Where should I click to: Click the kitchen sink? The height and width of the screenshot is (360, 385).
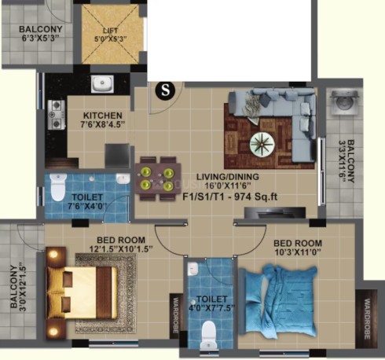[x=102, y=84]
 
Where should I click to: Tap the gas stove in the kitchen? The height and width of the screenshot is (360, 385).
[x=57, y=115]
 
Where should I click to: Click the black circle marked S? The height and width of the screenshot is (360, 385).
[x=165, y=90]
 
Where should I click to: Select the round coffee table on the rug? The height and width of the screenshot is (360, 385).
[x=262, y=145]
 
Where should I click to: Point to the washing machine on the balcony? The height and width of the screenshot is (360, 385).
[x=345, y=102]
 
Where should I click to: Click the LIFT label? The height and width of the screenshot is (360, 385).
[x=111, y=31]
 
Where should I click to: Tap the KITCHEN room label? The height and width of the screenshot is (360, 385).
[x=103, y=116]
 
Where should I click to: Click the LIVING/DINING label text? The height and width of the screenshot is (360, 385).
[x=228, y=177]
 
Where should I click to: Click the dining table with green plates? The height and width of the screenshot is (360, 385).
[x=158, y=178]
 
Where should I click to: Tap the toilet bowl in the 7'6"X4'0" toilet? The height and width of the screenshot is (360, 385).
[x=57, y=186]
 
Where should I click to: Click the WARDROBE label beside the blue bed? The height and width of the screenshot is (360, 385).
[x=367, y=319]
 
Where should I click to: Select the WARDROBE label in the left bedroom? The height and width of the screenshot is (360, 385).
[x=176, y=315]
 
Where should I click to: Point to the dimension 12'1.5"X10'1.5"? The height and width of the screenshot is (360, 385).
[x=121, y=249]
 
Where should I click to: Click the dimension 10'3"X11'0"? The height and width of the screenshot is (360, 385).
[x=298, y=252]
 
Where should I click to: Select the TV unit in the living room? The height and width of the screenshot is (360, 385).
[x=275, y=213]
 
